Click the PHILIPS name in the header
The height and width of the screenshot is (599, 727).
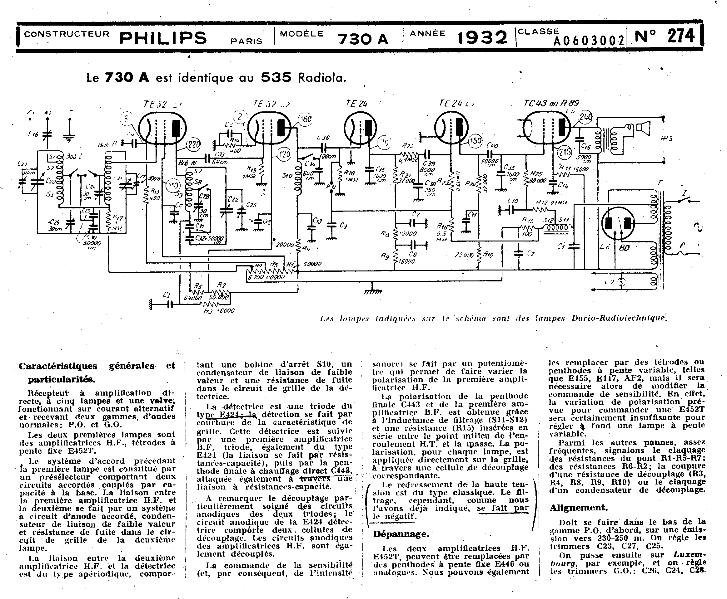pos(163,38)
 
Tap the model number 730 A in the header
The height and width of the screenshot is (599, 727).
pos(362,39)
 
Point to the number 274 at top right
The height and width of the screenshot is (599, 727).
pos(681,36)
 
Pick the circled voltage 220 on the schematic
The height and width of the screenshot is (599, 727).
pos(193,145)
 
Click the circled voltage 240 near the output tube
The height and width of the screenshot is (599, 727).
pos(586,117)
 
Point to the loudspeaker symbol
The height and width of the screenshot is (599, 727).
pos(643,129)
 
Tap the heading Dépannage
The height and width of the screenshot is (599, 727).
pos(401,534)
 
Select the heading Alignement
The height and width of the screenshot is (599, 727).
pos(578,508)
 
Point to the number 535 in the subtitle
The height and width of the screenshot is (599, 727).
pos(276,77)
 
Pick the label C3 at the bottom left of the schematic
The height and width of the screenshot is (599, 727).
pos(167,295)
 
